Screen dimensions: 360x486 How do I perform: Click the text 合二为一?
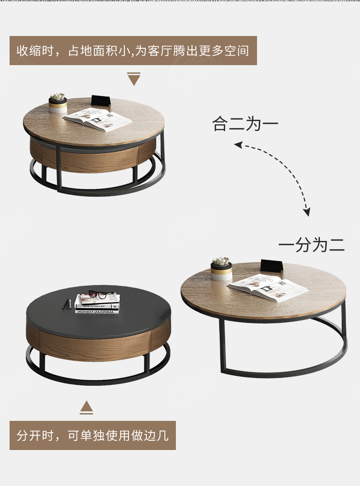(x=245, y=124)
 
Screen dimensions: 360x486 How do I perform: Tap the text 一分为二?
(x=311, y=245)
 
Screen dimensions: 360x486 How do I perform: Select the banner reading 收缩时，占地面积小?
(x=133, y=51)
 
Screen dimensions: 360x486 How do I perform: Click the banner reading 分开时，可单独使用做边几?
(x=93, y=435)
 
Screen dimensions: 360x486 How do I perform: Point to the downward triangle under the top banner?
(x=134, y=79)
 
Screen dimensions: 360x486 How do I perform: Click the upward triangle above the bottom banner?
(x=86, y=408)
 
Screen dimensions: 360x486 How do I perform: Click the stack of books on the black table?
(x=97, y=304)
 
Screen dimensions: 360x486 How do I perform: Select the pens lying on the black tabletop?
(x=67, y=304)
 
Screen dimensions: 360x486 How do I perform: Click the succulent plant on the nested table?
(x=58, y=97)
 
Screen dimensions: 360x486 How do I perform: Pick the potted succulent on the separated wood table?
(x=221, y=268)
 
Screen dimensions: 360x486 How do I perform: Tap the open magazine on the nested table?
(x=98, y=120)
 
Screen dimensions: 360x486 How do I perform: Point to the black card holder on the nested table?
(x=101, y=101)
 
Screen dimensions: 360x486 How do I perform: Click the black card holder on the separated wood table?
(x=272, y=266)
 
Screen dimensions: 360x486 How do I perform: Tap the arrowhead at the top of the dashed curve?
(x=238, y=144)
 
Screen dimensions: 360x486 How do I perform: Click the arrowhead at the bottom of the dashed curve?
(x=306, y=212)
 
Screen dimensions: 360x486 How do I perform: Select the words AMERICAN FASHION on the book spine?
(x=97, y=312)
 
